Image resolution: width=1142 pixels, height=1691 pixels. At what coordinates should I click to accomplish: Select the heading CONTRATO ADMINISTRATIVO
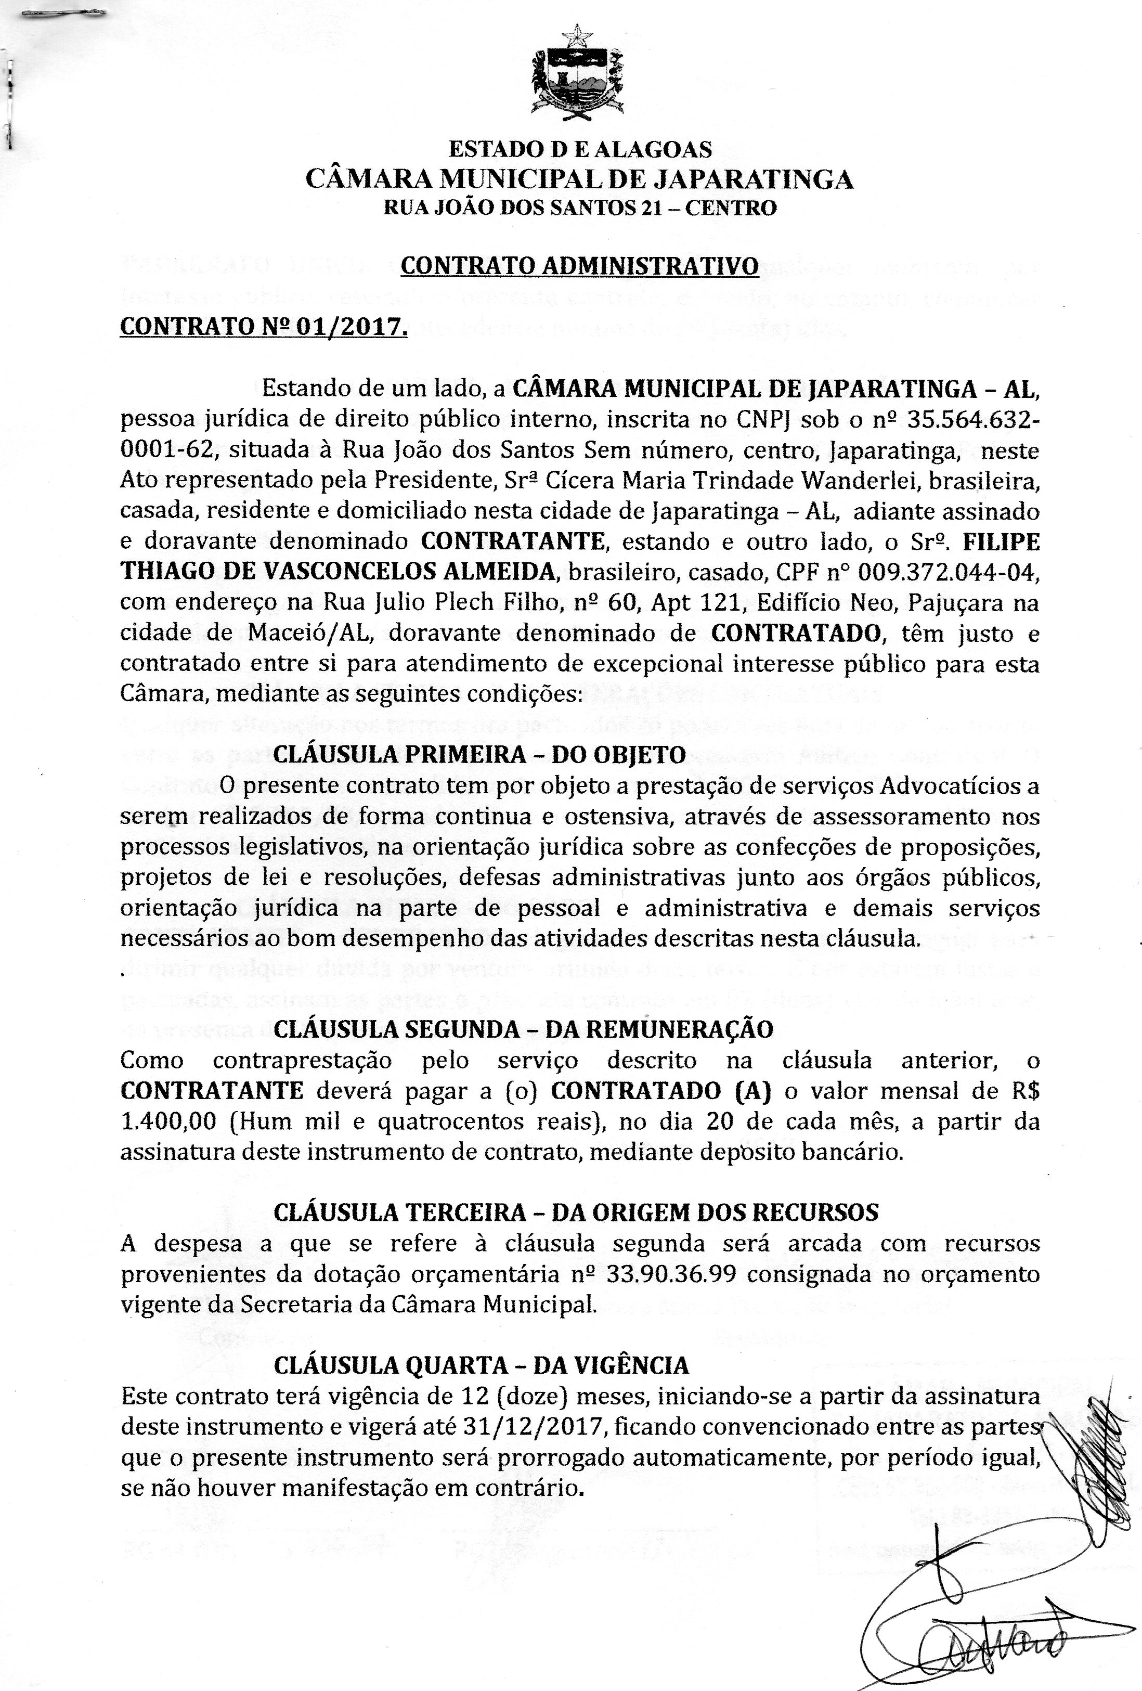click(580, 267)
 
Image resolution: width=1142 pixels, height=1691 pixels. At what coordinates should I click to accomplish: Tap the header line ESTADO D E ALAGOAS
click(580, 149)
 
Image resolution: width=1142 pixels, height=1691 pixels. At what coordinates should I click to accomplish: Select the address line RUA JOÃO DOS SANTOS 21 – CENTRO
click(580, 209)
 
